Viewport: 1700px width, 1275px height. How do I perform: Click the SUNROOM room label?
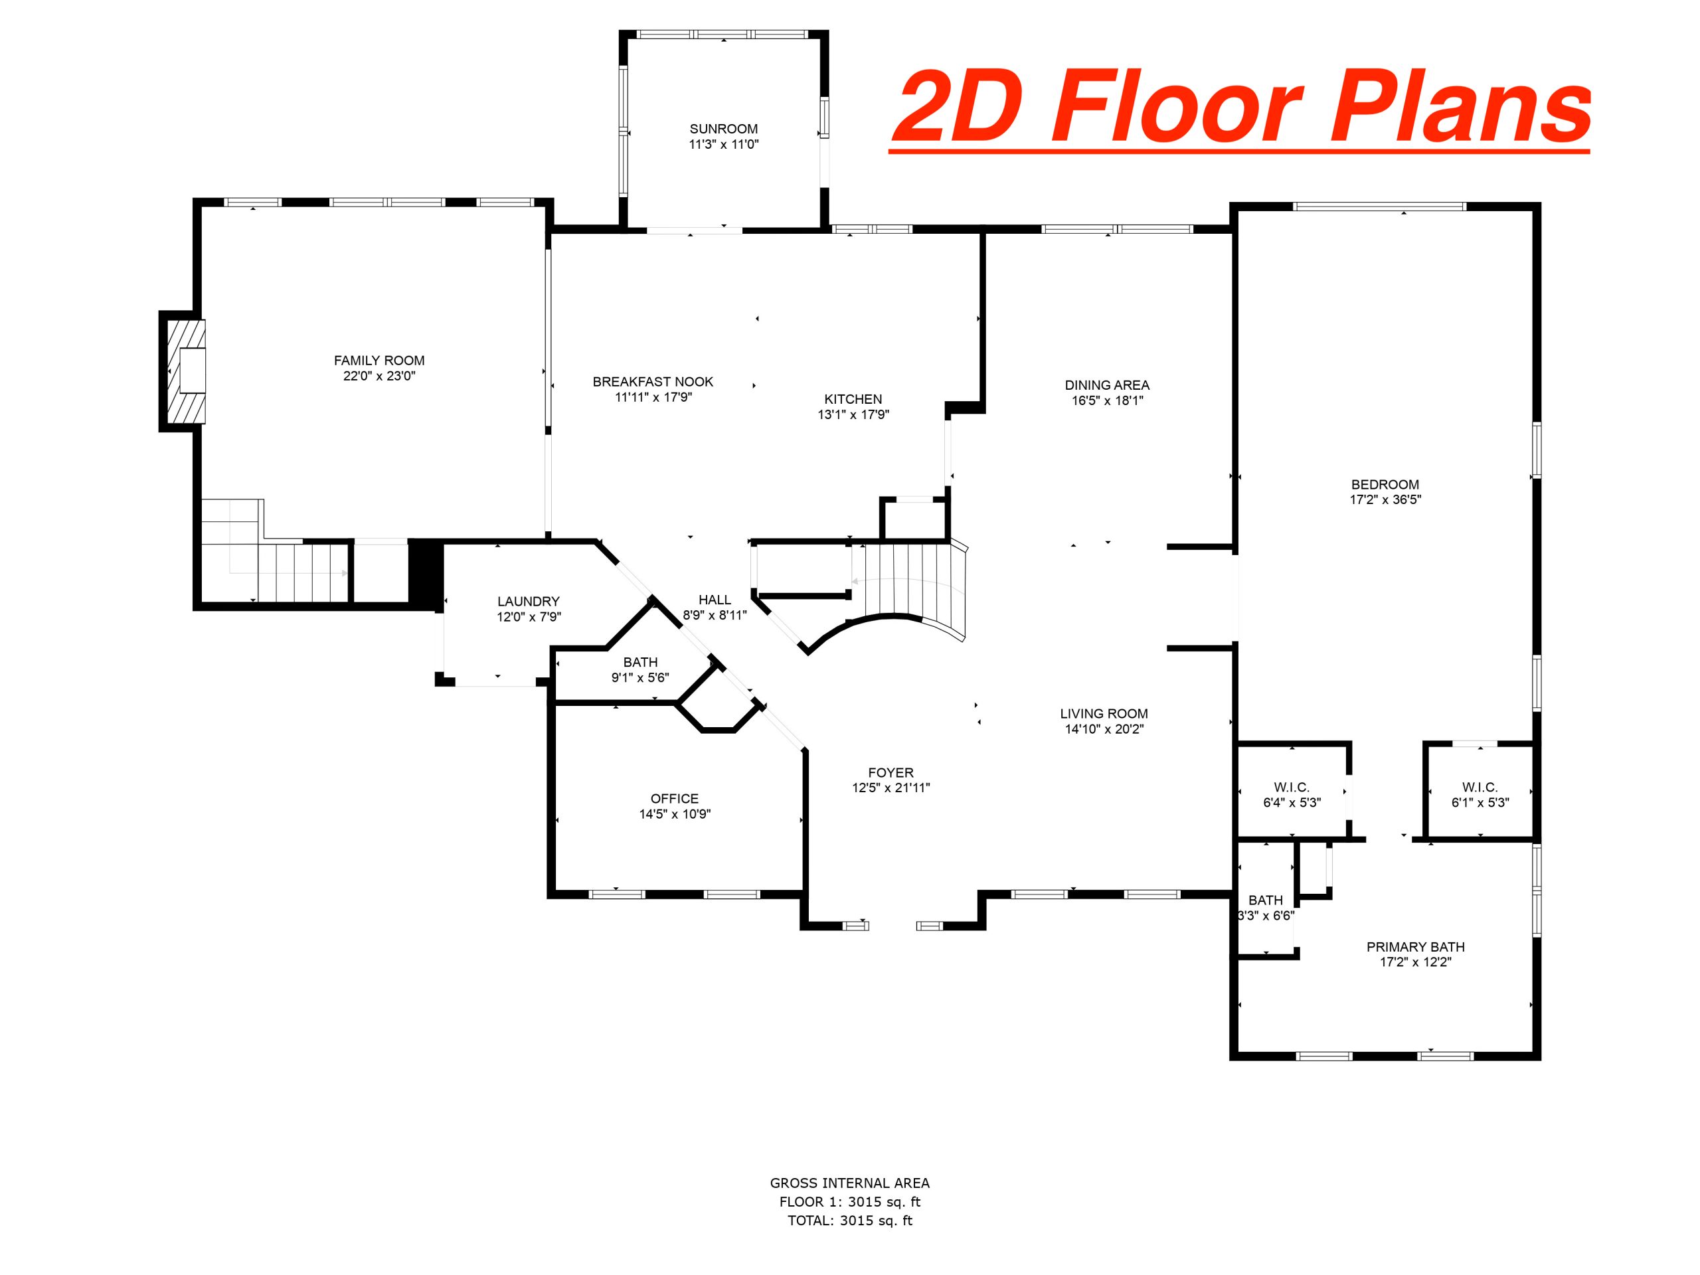click(x=723, y=129)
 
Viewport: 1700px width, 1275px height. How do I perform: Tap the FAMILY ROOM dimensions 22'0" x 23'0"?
click(x=379, y=376)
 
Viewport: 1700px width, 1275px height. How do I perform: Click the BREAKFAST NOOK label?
click(x=653, y=381)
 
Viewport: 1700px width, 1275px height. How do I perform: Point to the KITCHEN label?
click(x=853, y=399)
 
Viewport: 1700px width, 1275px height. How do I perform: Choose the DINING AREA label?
click(x=1107, y=385)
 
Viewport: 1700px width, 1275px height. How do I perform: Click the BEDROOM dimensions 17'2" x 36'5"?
click(x=1385, y=499)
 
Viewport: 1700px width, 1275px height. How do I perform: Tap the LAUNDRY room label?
click(x=528, y=602)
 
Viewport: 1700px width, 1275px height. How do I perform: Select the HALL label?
click(x=715, y=600)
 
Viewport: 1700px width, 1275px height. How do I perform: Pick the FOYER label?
click(x=891, y=772)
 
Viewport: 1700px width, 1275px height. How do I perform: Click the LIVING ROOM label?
click(x=1104, y=714)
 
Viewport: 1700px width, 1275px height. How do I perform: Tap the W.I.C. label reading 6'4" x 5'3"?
click(x=1291, y=796)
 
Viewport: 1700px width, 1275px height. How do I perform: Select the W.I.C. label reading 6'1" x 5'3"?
click(x=1480, y=796)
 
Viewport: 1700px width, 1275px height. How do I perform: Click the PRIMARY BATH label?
click(x=1415, y=947)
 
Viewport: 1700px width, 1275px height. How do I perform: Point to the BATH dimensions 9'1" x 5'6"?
click(x=640, y=678)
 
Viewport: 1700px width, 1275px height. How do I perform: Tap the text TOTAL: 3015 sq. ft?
click(x=850, y=1220)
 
